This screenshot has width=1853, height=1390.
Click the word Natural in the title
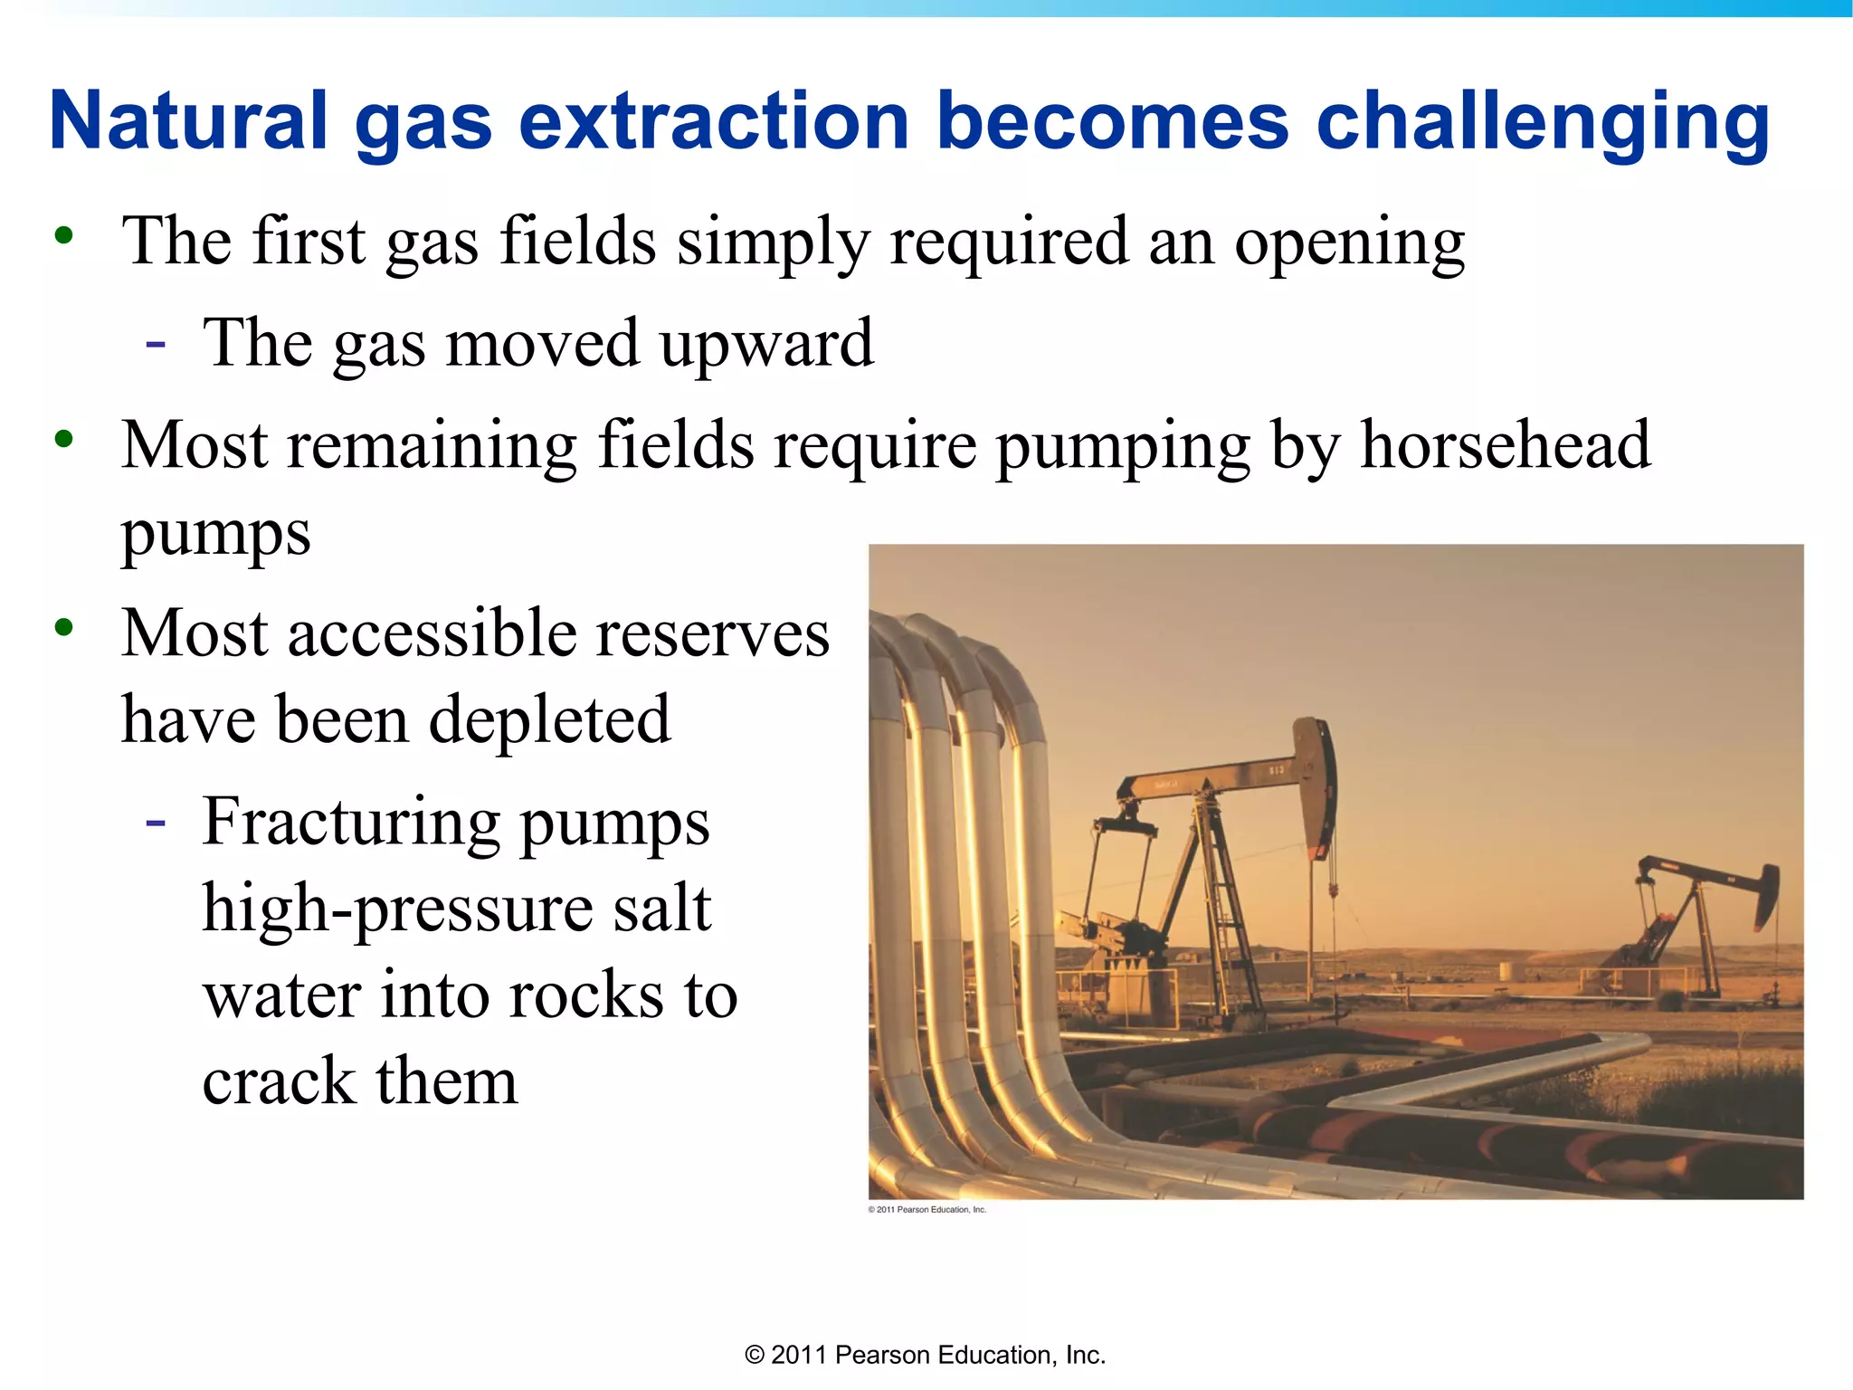coord(188,122)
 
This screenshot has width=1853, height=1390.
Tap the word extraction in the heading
coord(714,122)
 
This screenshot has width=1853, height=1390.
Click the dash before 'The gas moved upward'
coord(156,345)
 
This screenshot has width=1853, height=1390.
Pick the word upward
coord(765,345)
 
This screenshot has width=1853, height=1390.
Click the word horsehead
coord(1506,445)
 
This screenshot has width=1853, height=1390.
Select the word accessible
coord(430,633)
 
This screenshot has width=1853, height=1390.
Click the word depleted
coord(549,720)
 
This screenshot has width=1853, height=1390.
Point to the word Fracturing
coord(351,823)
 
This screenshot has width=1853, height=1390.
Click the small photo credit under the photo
coord(926,1209)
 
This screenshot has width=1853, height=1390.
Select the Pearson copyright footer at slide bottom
coord(925,1355)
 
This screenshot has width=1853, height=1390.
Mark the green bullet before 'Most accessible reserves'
coord(63,627)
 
